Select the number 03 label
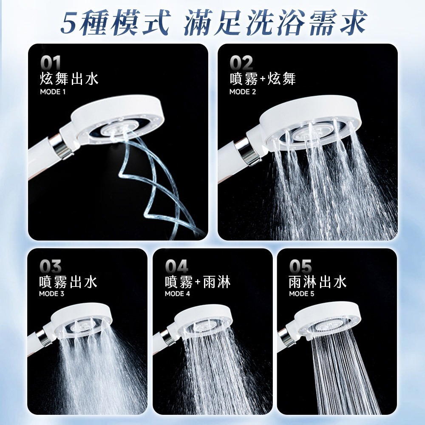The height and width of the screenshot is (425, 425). [50, 267]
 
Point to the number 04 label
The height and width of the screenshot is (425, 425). [176, 267]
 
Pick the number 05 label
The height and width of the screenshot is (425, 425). [300, 267]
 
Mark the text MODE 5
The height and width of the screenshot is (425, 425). [301, 294]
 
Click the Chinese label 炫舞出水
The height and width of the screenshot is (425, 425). [68, 79]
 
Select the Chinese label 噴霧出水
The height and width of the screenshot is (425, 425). [68, 282]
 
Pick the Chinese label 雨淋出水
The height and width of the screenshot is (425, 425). [317, 282]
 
